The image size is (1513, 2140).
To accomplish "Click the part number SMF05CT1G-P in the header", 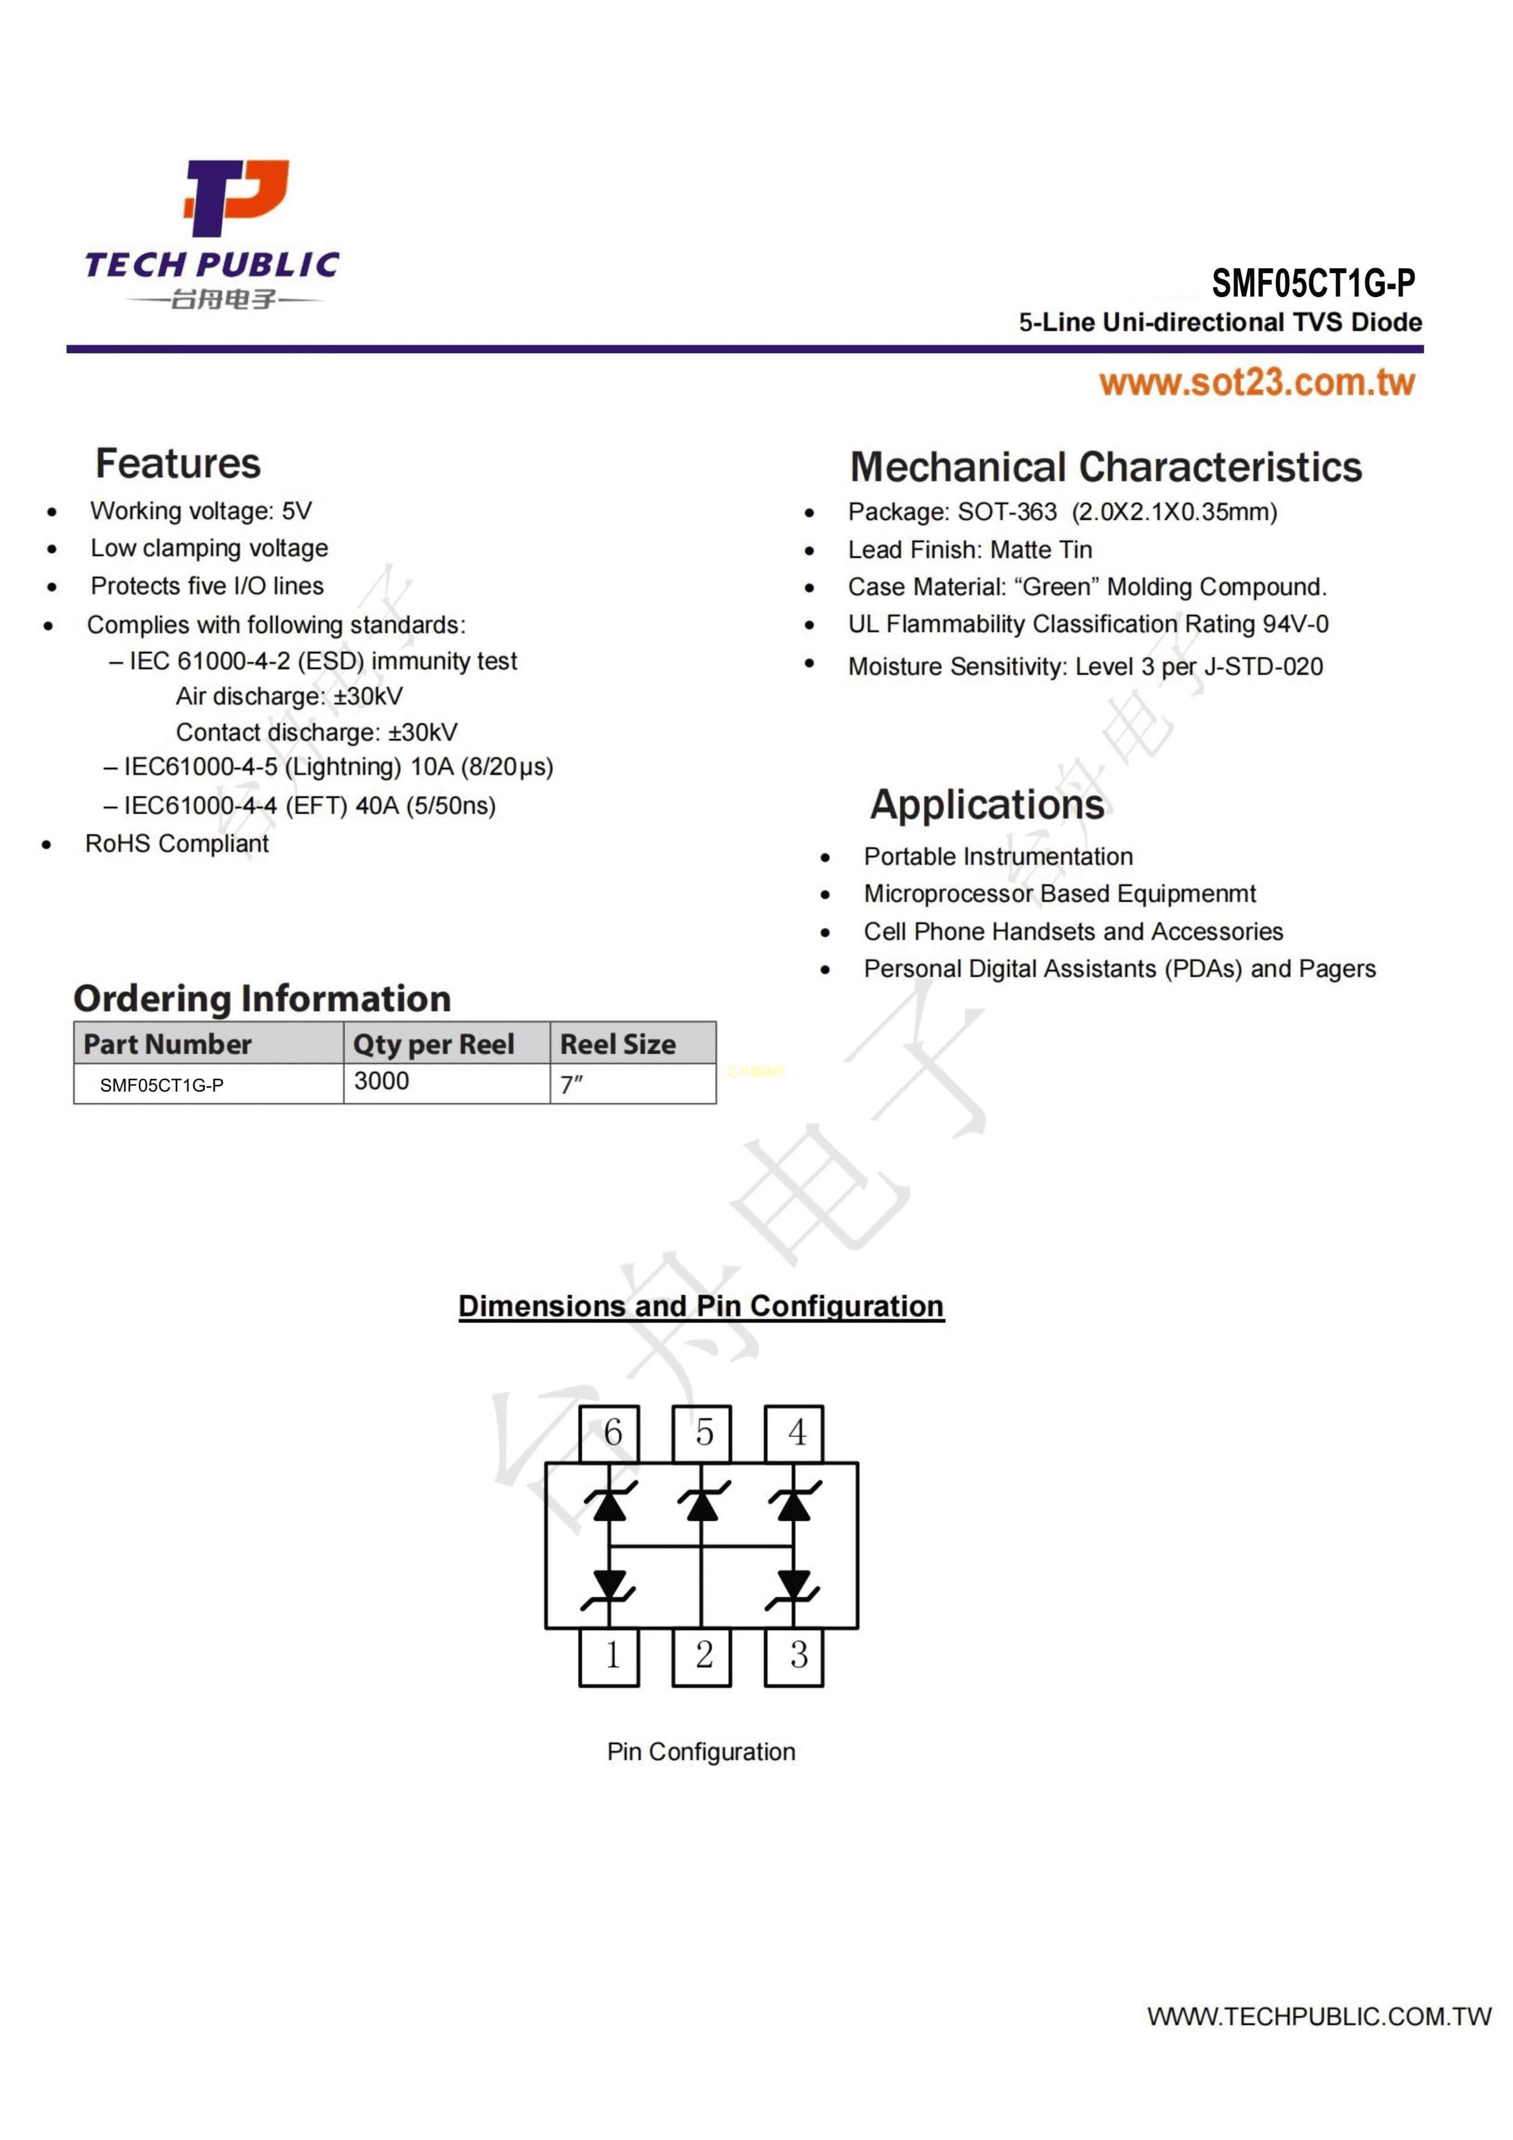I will pyautogui.click(x=1312, y=282).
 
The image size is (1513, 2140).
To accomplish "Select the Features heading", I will pyautogui.click(x=178, y=463).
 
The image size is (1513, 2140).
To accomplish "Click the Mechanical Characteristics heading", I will pyautogui.click(x=1105, y=467).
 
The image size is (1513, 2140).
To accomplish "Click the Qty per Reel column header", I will pyautogui.click(x=434, y=1044).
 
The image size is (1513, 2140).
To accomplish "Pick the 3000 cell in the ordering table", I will pyautogui.click(x=382, y=1081).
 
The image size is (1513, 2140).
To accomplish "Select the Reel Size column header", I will pyautogui.click(x=617, y=1044).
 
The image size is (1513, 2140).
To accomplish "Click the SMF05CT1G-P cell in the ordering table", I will pyautogui.click(x=162, y=1085).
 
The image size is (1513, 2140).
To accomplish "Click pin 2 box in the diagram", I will pyautogui.click(x=703, y=1655).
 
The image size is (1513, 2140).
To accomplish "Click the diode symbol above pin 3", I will pyautogui.click(x=793, y=1584).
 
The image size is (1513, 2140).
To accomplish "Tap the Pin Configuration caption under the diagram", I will pyautogui.click(x=701, y=1752).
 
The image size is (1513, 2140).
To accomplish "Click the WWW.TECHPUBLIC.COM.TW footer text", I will pyautogui.click(x=1318, y=2016).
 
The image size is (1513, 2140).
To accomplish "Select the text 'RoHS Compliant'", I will pyautogui.click(x=177, y=843).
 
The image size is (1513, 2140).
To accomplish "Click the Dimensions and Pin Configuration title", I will pyautogui.click(x=701, y=1306).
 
